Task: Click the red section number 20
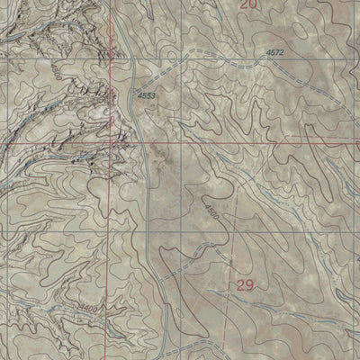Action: click(x=249, y=6)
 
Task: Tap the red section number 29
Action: click(x=246, y=285)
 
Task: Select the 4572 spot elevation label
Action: click(x=276, y=54)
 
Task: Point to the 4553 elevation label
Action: click(x=147, y=94)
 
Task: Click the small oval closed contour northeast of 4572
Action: click(x=310, y=36)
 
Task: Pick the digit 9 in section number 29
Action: click(x=252, y=285)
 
